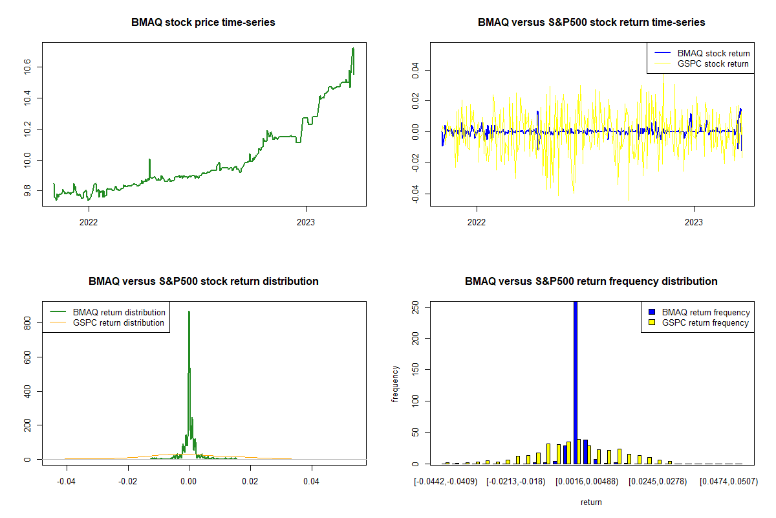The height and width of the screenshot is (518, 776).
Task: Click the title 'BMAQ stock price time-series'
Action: tap(203, 23)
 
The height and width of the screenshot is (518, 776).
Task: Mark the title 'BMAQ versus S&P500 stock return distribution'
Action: tap(203, 282)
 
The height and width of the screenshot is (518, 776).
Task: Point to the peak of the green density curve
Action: tap(189, 312)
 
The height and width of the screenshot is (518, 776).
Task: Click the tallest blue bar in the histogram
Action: tap(576, 382)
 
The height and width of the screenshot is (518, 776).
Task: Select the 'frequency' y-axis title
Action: tap(396, 383)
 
